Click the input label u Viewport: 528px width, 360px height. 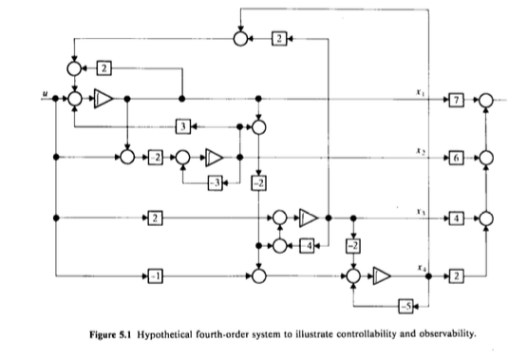pyautogui.click(x=45, y=92)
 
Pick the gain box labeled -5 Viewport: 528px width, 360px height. pyautogui.click(x=404, y=305)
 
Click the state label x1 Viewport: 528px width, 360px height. pyautogui.click(x=419, y=91)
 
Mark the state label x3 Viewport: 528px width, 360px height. pyautogui.click(x=419, y=212)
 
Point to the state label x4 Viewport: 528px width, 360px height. pyautogui.click(x=419, y=269)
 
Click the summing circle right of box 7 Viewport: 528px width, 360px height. pyautogui.click(x=485, y=98)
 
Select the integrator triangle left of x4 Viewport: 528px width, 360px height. pyautogui.click(x=382, y=275)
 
